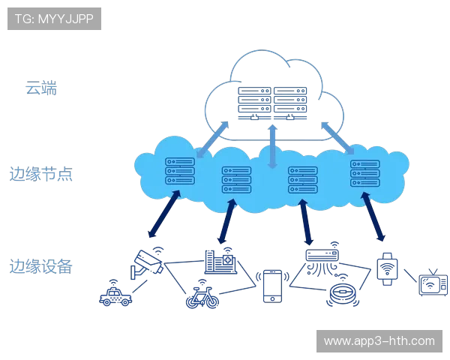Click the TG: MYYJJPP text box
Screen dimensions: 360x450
(54, 19)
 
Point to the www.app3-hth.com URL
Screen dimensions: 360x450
(379, 341)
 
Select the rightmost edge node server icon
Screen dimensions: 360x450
(364, 173)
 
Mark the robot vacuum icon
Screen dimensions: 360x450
(343, 294)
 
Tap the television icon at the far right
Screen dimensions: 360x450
(430, 282)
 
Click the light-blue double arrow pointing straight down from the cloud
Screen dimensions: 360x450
(273, 146)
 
